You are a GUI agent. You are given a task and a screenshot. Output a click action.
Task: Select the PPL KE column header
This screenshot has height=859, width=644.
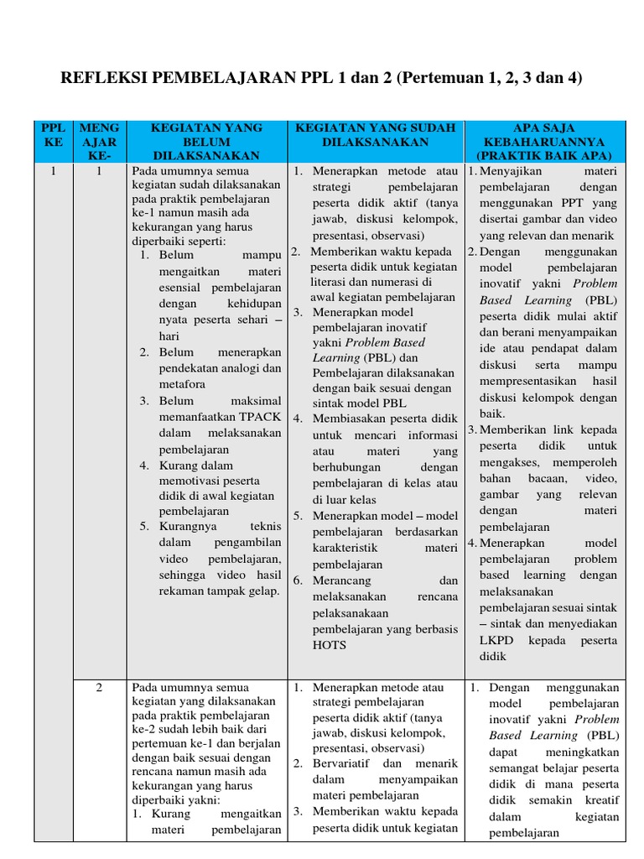pyautogui.click(x=53, y=135)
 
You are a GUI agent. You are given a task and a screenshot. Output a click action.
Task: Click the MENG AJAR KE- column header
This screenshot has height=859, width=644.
pyautogui.click(x=99, y=141)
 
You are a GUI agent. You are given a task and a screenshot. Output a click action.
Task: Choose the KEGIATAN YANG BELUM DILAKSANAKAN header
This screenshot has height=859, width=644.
pyautogui.click(x=206, y=141)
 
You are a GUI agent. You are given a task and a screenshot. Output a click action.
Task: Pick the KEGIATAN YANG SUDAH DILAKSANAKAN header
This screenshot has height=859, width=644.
pyautogui.click(x=375, y=135)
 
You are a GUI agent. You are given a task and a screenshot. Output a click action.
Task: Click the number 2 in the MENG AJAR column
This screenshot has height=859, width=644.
pyautogui.click(x=99, y=687)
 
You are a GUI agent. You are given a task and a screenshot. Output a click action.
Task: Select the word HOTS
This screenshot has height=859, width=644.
pyautogui.click(x=329, y=645)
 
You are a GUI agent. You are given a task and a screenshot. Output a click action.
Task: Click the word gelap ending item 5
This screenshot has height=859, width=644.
pyautogui.click(x=260, y=591)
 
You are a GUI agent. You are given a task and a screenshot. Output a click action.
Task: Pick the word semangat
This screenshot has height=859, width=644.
pyautogui.click(x=517, y=768)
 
